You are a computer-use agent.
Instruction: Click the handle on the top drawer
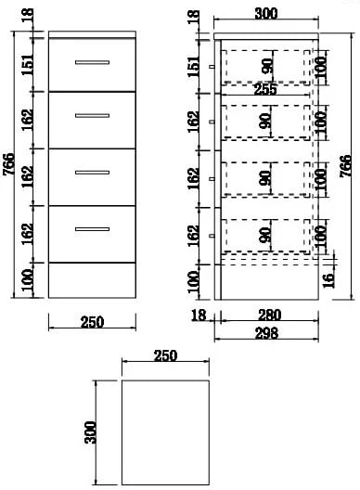(x=92, y=62)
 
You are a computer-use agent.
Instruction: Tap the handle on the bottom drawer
(x=92, y=229)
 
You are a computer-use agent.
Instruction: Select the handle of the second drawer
(x=92, y=116)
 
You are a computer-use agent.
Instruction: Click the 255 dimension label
(x=265, y=89)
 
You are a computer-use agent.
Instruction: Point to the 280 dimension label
(x=269, y=315)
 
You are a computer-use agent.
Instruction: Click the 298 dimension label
(x=266, y=333)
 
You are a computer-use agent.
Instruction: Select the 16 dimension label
(x=328, y=280)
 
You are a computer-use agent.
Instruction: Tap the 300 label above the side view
(x=266, y=14)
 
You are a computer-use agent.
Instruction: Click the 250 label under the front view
(x=92, y=322)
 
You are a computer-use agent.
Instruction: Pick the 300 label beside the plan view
(x=90, y=432)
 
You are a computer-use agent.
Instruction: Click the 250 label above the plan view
(x=165, y=355)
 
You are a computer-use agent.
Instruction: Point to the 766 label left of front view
(x=8, y=164)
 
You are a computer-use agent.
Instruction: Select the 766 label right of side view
(x=345, y=166)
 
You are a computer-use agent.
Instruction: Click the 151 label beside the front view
(x=27, y=65)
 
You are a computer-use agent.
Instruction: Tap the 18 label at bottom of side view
(x=199, y=315)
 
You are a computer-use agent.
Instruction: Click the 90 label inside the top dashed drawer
(x=267, y=66)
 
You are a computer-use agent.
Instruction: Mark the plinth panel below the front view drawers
(x=92, y=280)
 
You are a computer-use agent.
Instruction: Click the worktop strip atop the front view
(x=92, y=34)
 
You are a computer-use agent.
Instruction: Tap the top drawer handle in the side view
(x=212, y=67)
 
